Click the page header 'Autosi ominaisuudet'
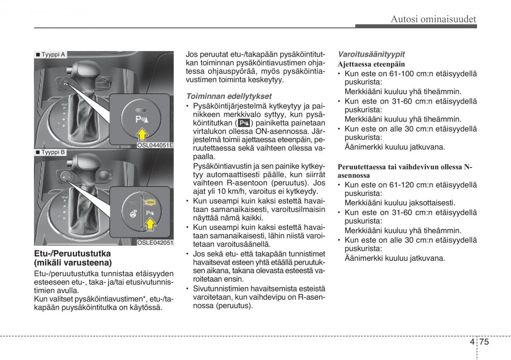[433, 19]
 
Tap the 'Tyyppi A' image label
[51, 55]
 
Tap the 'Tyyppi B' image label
[51, 152]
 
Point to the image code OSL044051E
[155, 145]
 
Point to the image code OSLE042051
[155, 243]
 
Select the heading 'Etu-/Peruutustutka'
[73, 253]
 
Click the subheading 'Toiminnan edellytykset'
[229, 96]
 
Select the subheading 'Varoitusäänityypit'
[371, 54]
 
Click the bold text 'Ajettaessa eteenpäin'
[371, 64]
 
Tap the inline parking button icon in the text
[244, 123]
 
